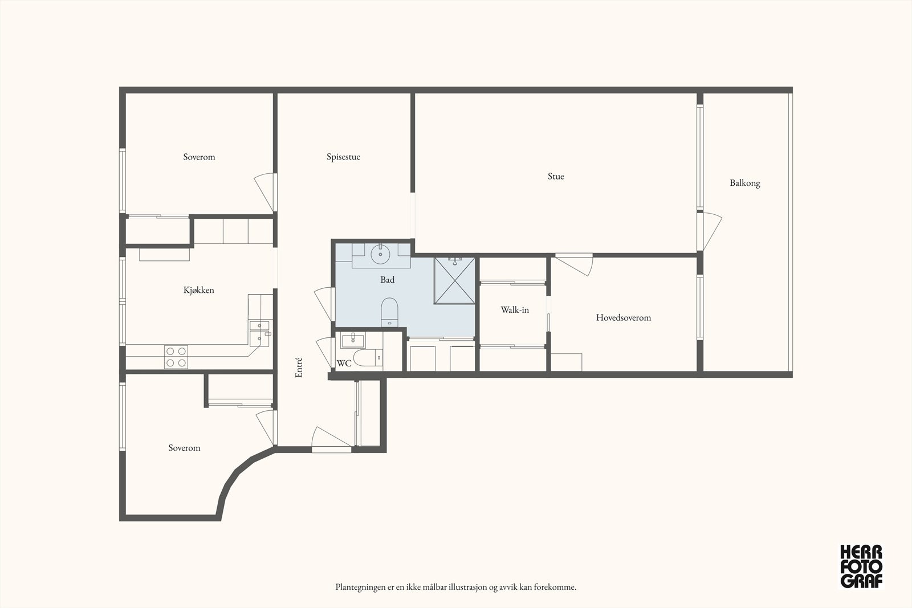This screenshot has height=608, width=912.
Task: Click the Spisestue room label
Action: (343, 157)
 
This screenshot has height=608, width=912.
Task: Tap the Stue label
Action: (556, 176)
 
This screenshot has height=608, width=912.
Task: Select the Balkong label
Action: (744, 183)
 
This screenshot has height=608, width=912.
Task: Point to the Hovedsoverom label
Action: (624, 317)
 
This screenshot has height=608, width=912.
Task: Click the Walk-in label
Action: (515, 309)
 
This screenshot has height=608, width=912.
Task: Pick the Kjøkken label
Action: (199, 290)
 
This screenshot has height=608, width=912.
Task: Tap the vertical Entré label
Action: (299, 368)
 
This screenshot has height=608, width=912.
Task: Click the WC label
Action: (344, 364)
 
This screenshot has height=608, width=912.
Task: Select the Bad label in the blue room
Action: (387, 280)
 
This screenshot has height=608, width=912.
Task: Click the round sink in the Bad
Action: (380, 254)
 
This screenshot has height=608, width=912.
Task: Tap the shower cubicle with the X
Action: (454, 280)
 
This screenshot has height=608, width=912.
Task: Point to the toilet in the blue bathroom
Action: (389, 312)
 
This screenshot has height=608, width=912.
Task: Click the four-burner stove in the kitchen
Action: (176, 357)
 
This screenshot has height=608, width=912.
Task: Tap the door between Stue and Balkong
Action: (709, 231)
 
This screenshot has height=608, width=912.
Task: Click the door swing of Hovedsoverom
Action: (574, 264)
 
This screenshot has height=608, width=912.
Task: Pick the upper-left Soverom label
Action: (199, 157)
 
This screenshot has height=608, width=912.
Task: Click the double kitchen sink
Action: (260, 333)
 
